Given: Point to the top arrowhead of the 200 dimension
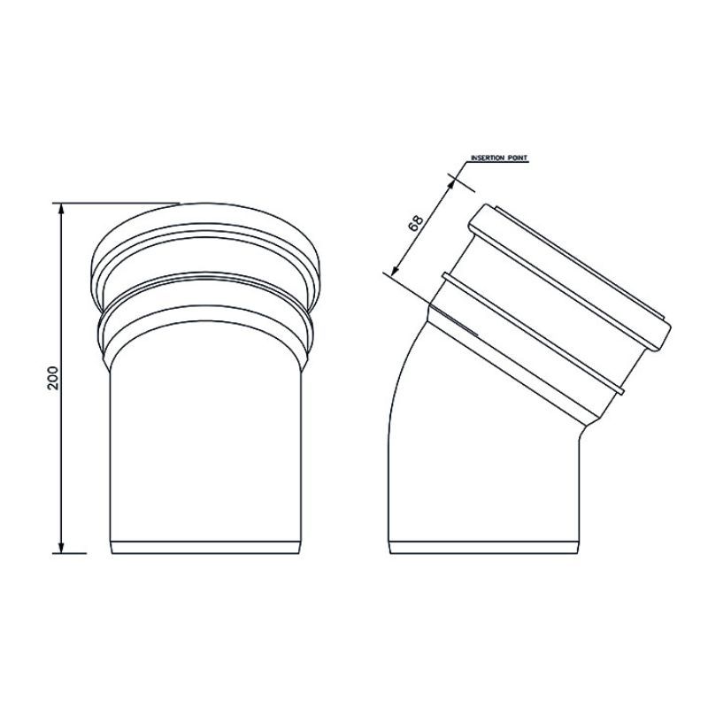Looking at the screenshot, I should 61,209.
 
